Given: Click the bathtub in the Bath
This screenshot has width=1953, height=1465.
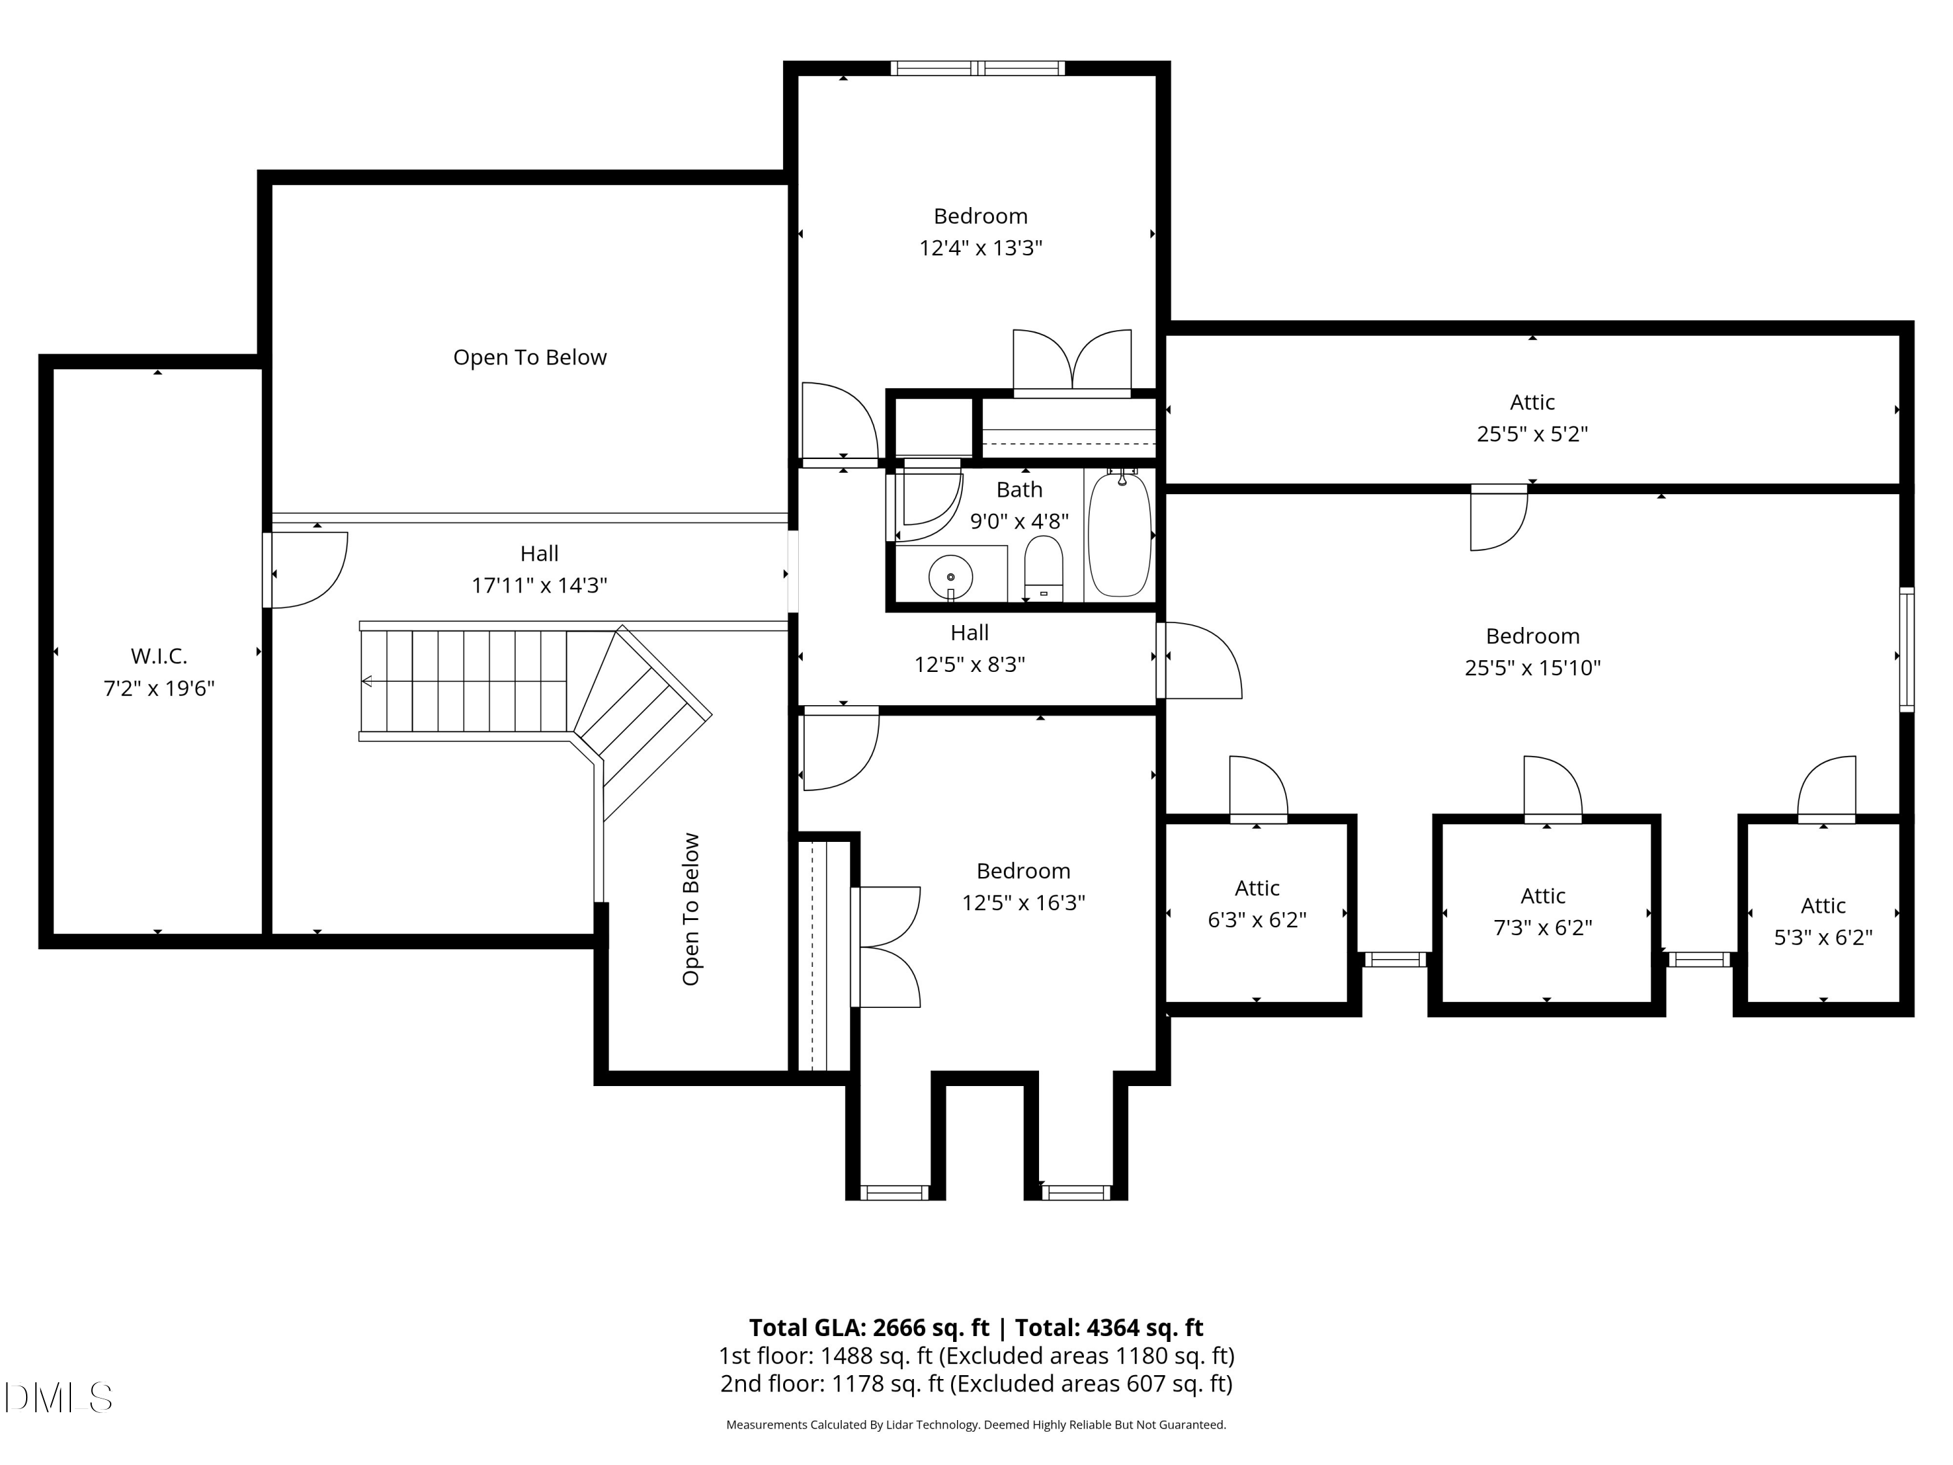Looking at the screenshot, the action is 1120,535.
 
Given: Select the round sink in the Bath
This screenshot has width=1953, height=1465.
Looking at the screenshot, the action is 951,578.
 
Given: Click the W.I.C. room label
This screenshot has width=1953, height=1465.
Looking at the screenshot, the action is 159,656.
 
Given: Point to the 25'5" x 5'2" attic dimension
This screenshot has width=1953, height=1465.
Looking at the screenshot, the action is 1532,434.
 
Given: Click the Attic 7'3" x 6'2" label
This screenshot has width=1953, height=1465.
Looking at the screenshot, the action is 1542,912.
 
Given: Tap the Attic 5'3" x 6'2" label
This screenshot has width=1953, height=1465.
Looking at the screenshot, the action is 1823,921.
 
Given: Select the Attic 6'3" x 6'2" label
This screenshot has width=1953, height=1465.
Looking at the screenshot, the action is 1256,903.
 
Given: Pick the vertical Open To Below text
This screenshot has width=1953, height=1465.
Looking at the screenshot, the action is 691,909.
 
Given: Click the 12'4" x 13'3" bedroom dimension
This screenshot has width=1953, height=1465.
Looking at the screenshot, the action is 980,247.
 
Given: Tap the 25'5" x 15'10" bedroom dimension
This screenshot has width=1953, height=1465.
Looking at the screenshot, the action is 1532,667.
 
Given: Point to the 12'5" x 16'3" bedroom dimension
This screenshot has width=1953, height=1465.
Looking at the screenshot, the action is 1023,902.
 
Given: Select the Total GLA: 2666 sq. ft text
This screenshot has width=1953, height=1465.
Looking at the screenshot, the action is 869,1327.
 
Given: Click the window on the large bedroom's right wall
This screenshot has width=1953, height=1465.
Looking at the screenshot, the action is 1906,649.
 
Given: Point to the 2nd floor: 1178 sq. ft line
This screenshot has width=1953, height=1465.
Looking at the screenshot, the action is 976,1383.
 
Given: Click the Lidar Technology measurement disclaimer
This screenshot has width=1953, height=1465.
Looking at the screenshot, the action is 976,1425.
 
